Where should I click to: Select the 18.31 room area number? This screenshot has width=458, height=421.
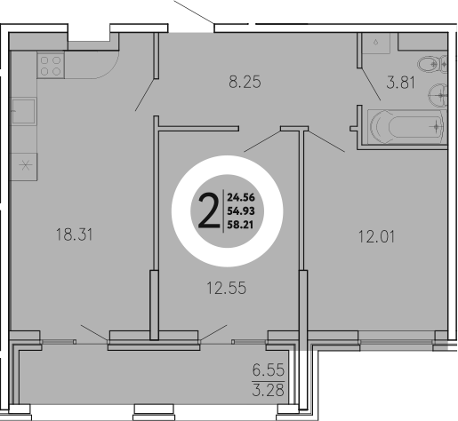pyautogui.click(x=74, y=235)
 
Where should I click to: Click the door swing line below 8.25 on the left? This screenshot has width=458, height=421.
pyautogui.click(x=145, y=90)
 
